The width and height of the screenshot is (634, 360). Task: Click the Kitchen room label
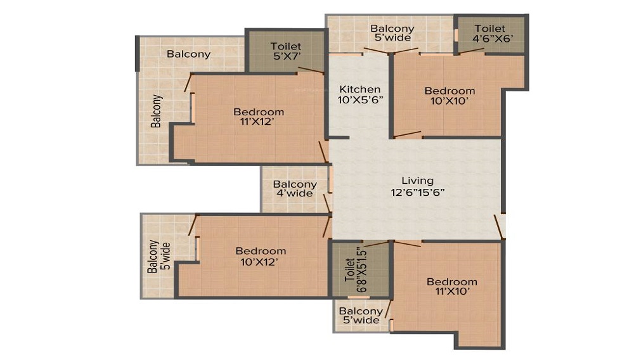pos(360,89)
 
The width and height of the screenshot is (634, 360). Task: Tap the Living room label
pos(418,181)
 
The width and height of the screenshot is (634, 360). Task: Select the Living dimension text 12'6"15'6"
pos(418,192)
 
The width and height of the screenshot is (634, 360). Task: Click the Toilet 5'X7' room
pos(286,51)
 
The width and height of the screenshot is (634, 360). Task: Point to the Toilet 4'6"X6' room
pos(489,34)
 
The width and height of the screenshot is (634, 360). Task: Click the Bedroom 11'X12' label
pos(259,117)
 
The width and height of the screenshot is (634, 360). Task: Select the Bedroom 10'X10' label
pos(450,96)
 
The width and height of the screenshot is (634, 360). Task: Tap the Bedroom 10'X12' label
pos(261,256)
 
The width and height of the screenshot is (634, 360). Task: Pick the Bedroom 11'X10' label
pos(451,286)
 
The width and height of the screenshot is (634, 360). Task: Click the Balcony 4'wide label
pos(295,189)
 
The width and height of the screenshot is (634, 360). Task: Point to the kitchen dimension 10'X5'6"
pos(360,100)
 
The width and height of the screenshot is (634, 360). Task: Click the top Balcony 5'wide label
pos(392,33)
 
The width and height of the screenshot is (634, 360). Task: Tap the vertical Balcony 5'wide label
pos(159,256)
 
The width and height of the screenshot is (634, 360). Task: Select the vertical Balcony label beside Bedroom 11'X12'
pos(156,111)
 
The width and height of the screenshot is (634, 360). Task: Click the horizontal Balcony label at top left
pos(188,54)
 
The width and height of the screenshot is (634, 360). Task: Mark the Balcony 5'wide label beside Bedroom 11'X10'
pos(361,316)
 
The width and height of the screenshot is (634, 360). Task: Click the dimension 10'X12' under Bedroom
pos(259,262)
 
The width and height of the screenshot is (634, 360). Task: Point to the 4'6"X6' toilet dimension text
pos(493,39)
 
